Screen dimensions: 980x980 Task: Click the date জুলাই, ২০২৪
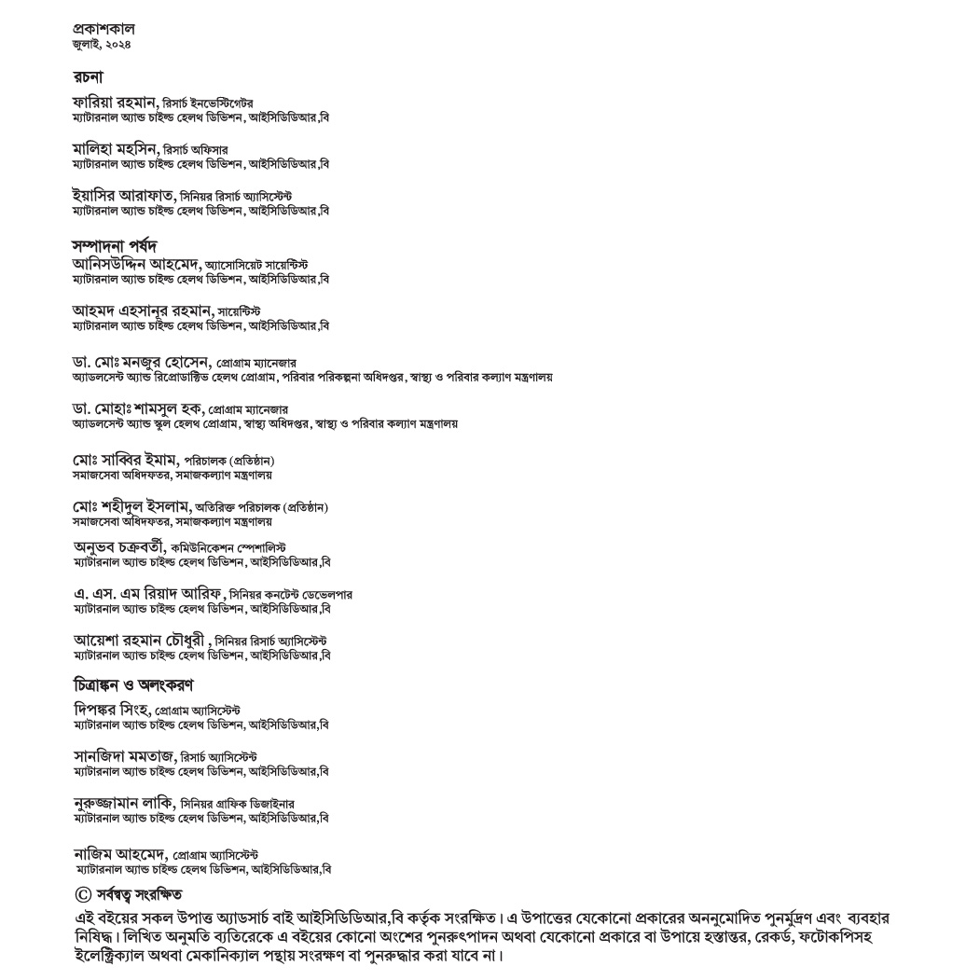click(x=101, y=44)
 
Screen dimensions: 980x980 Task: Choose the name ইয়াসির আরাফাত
click(x=124, y=195)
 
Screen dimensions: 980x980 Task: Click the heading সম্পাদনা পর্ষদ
click(x=115, y=246)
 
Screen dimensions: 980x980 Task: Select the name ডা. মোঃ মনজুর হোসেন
click(x=142, y=361)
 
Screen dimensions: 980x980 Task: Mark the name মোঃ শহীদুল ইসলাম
click(x=131, y=505)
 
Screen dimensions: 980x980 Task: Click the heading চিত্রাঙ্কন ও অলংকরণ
click(x=133, y=685)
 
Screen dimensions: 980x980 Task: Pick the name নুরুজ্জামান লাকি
click(x=123, y=802)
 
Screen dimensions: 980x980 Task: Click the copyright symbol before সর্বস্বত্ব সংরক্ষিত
click(x=81, y=894)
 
